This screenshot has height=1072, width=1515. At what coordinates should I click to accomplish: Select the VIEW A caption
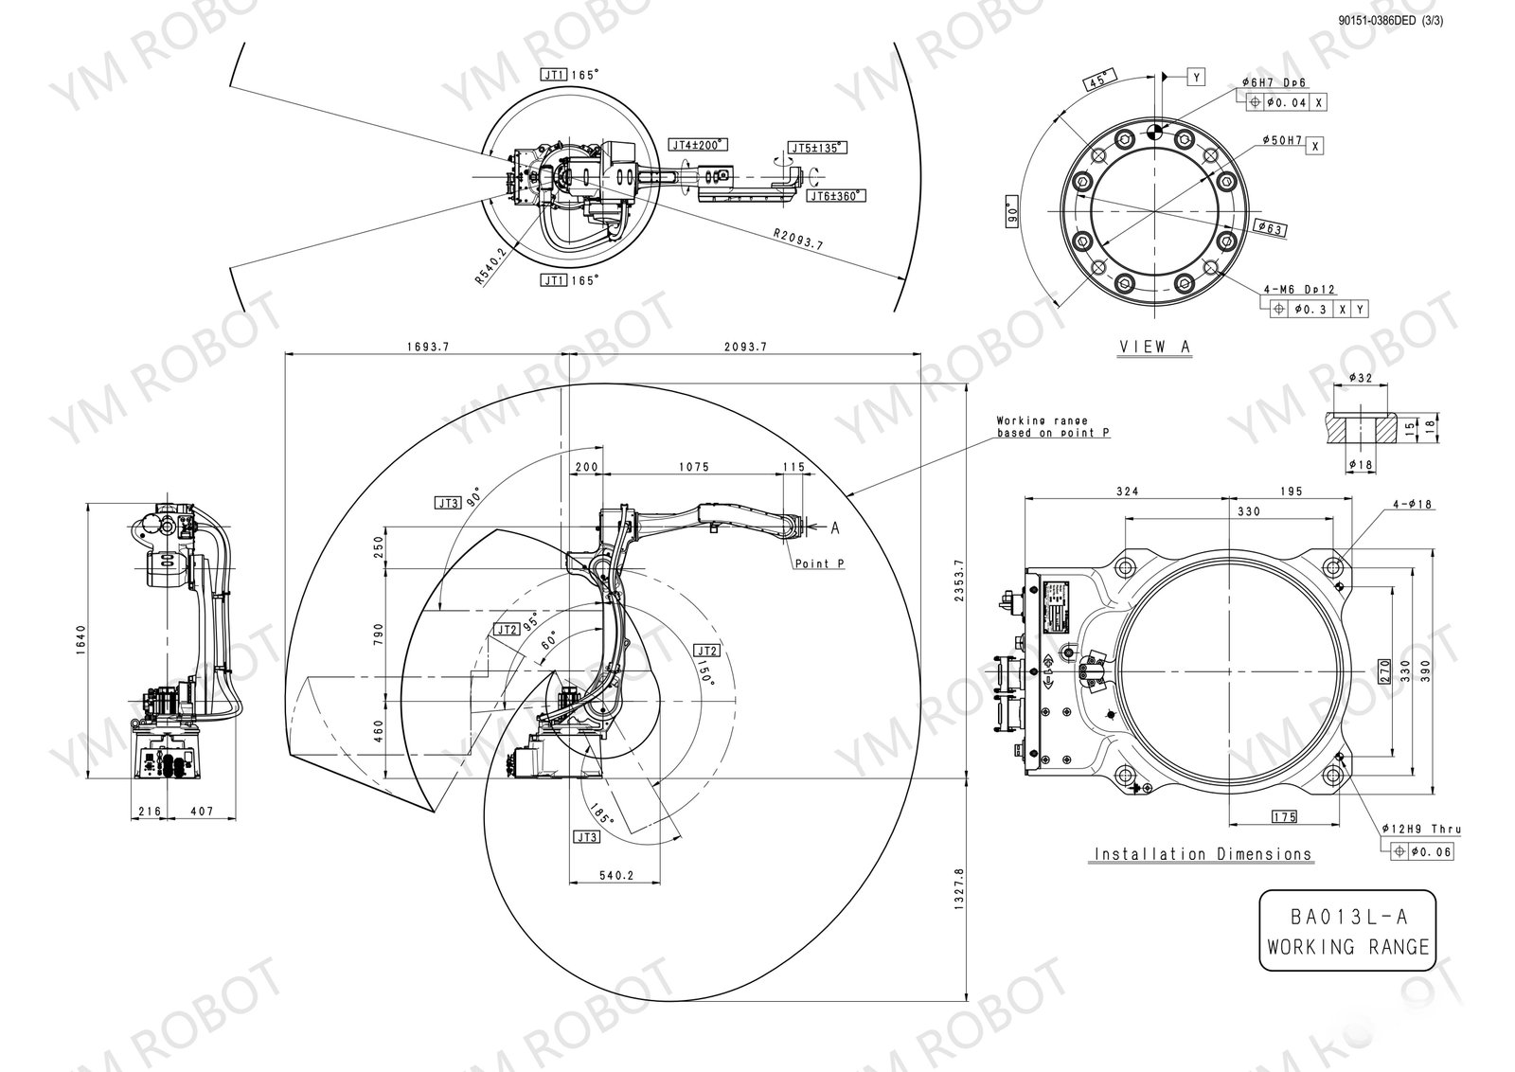coord(1154,347)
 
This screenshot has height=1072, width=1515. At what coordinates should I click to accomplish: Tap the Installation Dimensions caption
coord(1203,854)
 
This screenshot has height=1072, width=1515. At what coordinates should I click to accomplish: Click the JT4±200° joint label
coord(697,145)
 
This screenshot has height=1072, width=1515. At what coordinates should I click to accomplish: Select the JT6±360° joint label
coord(836,196)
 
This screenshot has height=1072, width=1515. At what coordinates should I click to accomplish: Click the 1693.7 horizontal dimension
coord(427,348)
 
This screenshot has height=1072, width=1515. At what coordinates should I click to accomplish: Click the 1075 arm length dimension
coord(694,467)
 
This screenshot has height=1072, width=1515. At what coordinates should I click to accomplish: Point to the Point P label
coord(819,563)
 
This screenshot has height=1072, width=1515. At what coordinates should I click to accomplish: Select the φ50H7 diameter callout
coord(1282,140)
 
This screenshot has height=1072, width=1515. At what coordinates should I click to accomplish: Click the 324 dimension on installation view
coord(1127,491)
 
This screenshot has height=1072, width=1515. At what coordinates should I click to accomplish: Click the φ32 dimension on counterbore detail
coord(1359,378)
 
